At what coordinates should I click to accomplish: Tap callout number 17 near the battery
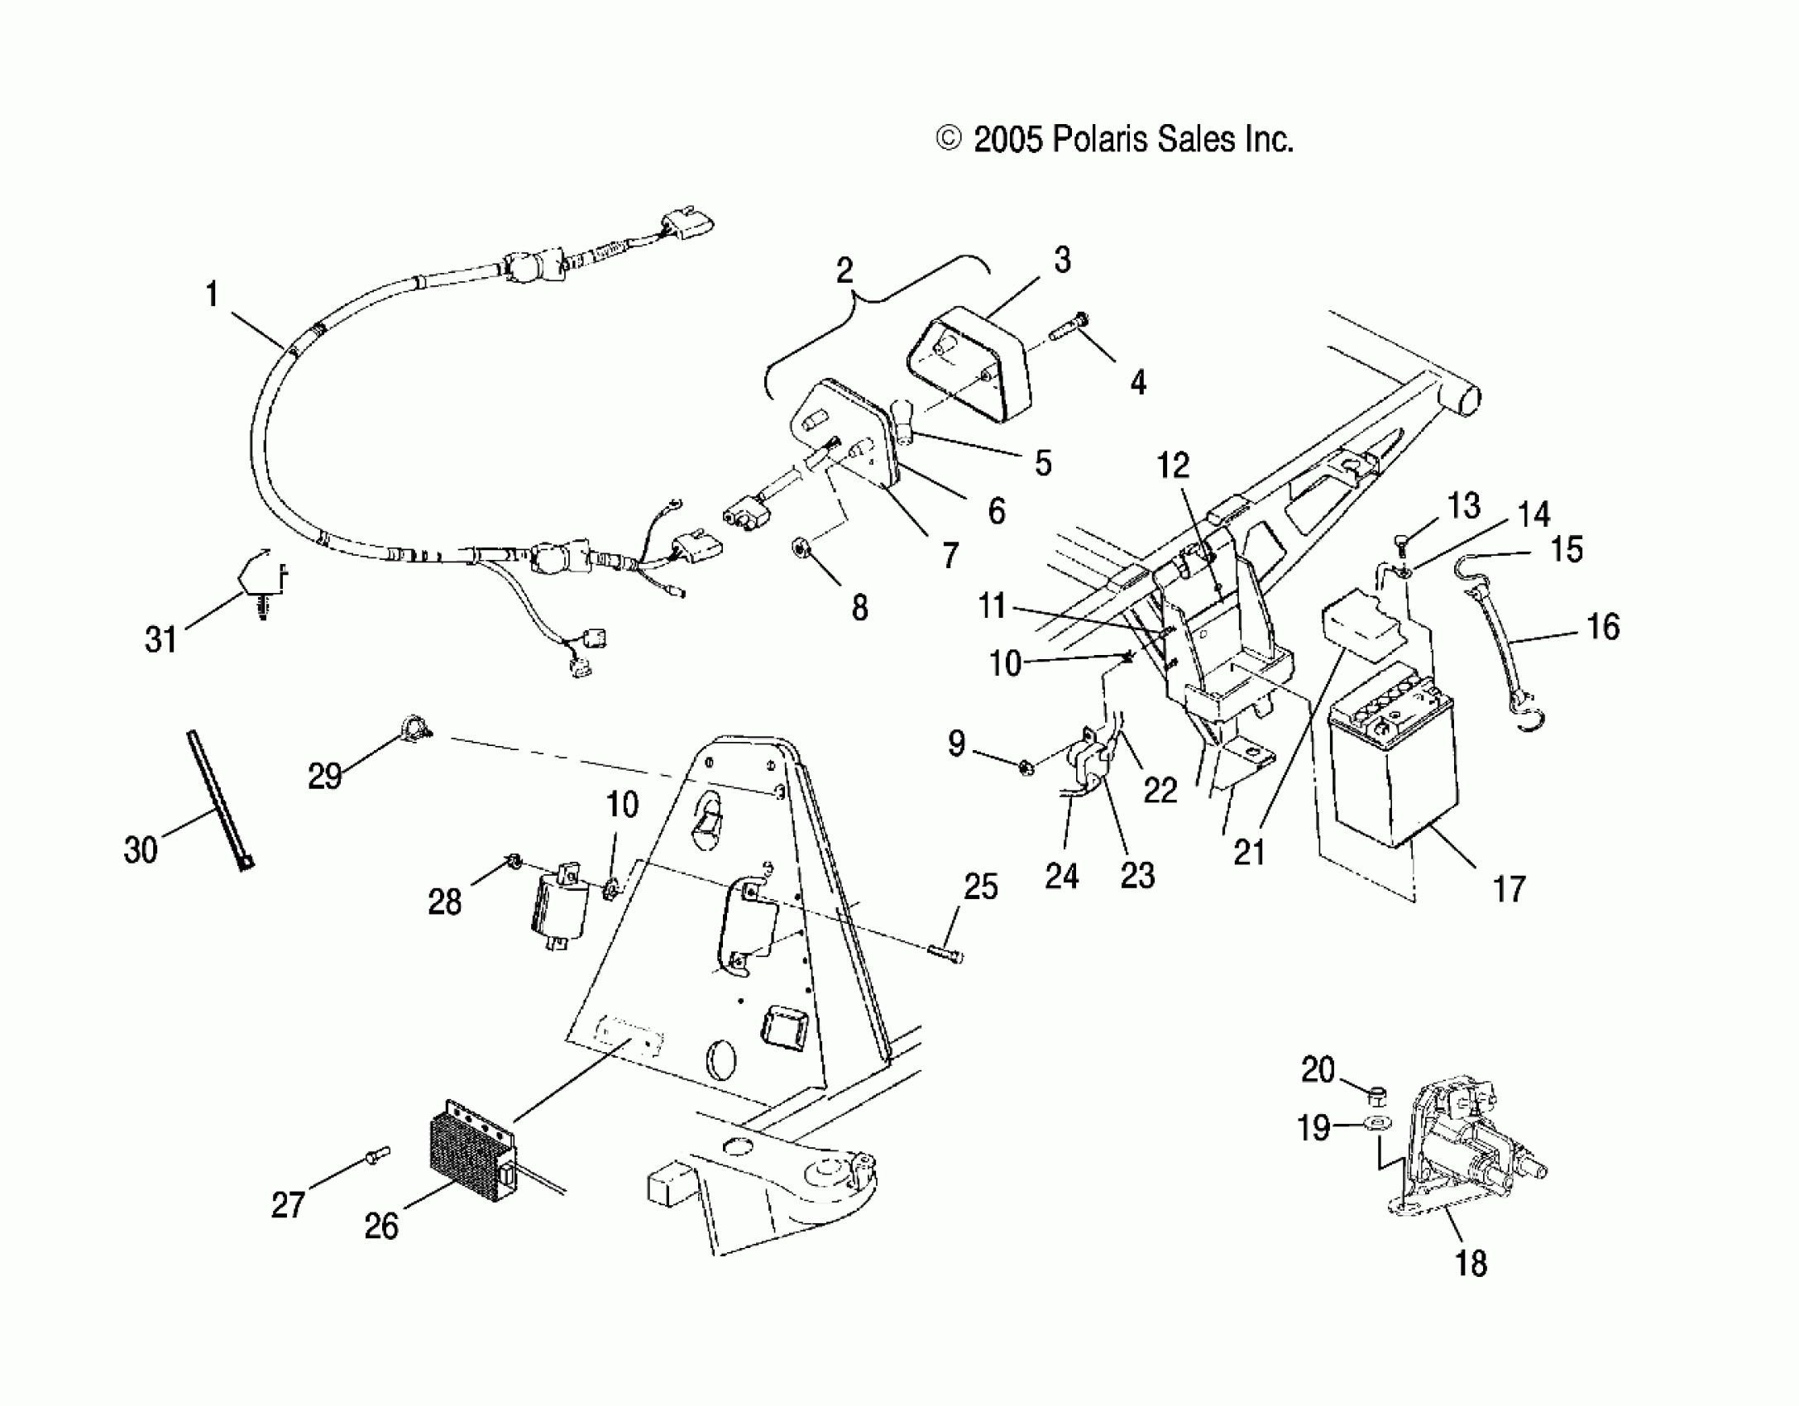tap(1509, 890)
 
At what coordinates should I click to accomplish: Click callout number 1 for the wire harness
tap(212, 294)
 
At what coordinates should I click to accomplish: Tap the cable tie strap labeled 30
tap(219, 798)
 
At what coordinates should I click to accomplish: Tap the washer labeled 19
tap(1377, 1123)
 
